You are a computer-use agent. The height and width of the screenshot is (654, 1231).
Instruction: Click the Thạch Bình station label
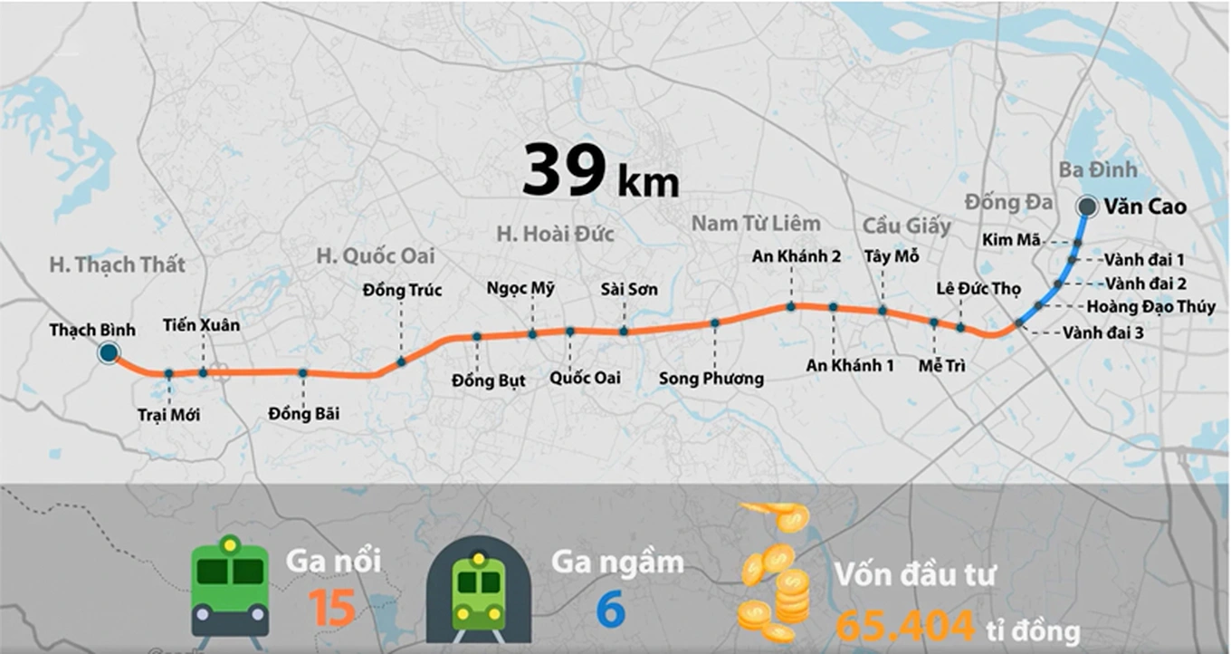pyautogui.click(x=92, y=330)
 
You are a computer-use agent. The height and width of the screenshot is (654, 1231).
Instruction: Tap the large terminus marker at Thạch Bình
pyautogui.click(x=109, y=353)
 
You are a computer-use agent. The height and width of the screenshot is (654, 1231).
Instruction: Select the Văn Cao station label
pyautogui.click(x=1144, y=207)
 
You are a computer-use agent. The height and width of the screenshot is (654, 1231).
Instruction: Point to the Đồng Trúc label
pyautogui.click(x=402, y=290)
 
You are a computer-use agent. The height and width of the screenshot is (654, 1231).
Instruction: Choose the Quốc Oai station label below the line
pyautogui.click(x=585, y=378)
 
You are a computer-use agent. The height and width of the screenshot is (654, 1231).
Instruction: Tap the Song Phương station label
pyautogui.click(x=711, y=379)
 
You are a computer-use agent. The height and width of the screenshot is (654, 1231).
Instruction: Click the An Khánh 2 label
pyautogui.click(x=797, y=256)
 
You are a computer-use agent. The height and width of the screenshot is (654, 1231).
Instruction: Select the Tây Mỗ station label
pyautogui.click(x=892, y=256)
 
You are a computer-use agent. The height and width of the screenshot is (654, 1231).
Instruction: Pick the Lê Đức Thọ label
pyautogui.click(x=978, y=289)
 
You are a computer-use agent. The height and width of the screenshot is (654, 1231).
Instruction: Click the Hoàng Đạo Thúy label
pyautogui.click(x=1150, y=307)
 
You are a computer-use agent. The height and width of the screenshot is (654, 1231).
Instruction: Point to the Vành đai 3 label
pyautogui.click(x=1103, y=332)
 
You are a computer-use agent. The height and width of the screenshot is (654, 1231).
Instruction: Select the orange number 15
pyautogui.click(x=331, y=609)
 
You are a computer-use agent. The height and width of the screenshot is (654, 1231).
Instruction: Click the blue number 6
pyautogui.click(x=611, y=610)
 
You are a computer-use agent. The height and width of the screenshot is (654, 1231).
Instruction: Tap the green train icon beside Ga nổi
pyautogui.click(x=230, y=587)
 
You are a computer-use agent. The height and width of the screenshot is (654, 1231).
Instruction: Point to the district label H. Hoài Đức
pyautogui.click(x=555, y=235)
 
